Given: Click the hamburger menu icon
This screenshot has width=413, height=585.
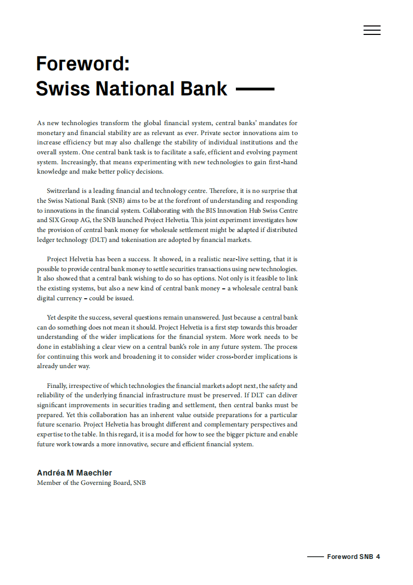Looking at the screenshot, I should pyautogui.click(x=372, y=30).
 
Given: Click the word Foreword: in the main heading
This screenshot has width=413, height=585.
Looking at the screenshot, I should pyautogui.click(x=82, y=64).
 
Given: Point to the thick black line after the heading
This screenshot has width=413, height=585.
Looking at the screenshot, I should pyautogui.click(x=255, y=89).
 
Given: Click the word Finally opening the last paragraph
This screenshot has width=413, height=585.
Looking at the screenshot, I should pyautogui.click(x=58, y=386).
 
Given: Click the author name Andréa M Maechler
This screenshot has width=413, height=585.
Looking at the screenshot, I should pyautogui.click(x=74, y=472).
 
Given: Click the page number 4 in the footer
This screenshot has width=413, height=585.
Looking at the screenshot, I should pyautogui.click(x=378, y=557).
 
